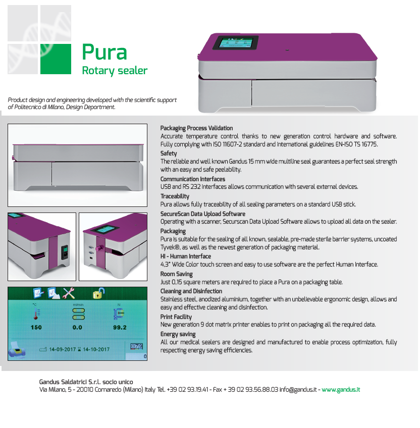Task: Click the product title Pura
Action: pyautogui.click(x=104, y=52)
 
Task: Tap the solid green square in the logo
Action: pyautogui.click(x=56, y=59)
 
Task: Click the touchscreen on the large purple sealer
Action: pyautogui.click(x=235, y=42)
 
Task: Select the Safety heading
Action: pyautogui.click(x=169, y=153)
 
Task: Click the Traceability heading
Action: pyautogui.click(x=175, y=196)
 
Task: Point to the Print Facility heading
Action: pyautogui.click(x=176, y=316)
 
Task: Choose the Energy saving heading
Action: pyautogui.click(x=178, y=334)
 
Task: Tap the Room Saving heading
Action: pyautogui.click(x=176, y=274)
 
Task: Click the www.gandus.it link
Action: pyautogui.click(x=341, y=390)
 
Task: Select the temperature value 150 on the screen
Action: pyautogui.click(x=36, y=327)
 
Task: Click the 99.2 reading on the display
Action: pyautogui.click(x=120, y=327)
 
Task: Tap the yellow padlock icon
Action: pyautogui.click(x=98, y=293)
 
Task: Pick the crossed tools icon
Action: pyautogui.click(x=69, y=293)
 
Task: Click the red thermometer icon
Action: pyautogui.click(x=36, y=314)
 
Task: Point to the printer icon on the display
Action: pyautogui.click(x=17, y=350)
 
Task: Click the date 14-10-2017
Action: pyautogui.click(x=96, y=349)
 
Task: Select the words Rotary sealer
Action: pyautogui.click(x=115, y=71)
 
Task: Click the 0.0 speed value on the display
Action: pyautogui.click(x=77, y=327)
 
